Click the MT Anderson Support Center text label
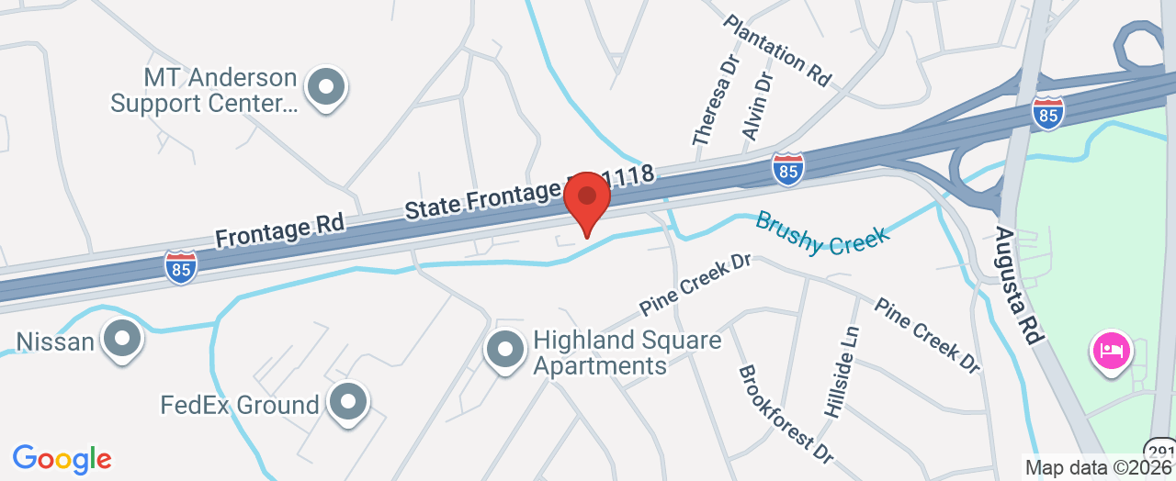point(204,90)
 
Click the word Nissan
point(55,342)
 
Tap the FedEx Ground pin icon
point(348,402)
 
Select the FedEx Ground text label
point(240,405)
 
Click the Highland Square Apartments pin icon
point(503,351)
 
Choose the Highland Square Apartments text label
point(628,353)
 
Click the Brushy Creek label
point(822,233)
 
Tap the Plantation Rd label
point(777,50)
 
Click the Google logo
point(62,459)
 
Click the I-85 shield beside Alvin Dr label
point(787,169)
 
